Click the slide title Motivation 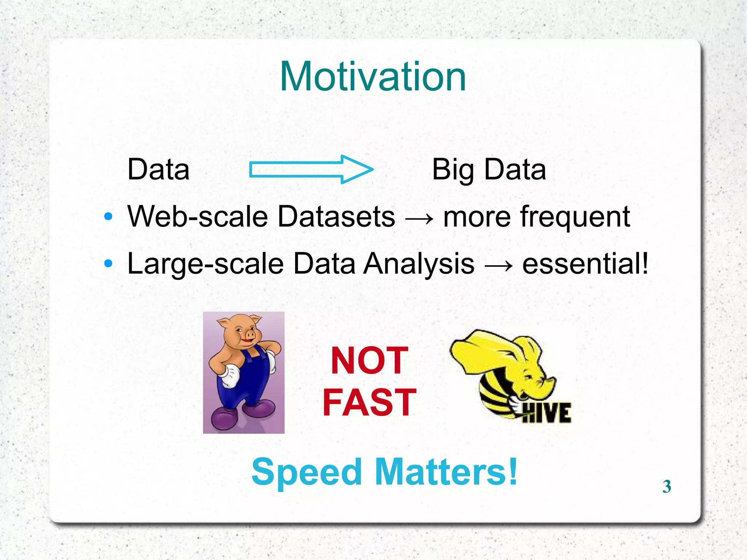click(373, 77)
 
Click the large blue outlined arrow click(311, 169)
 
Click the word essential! click(585, 264)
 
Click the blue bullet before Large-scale click(108, 263)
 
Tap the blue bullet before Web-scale click(108, 216)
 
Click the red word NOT click(369, 361)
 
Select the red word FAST click(369, 402)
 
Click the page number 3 click(666, 486)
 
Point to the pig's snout click(251, 334)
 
